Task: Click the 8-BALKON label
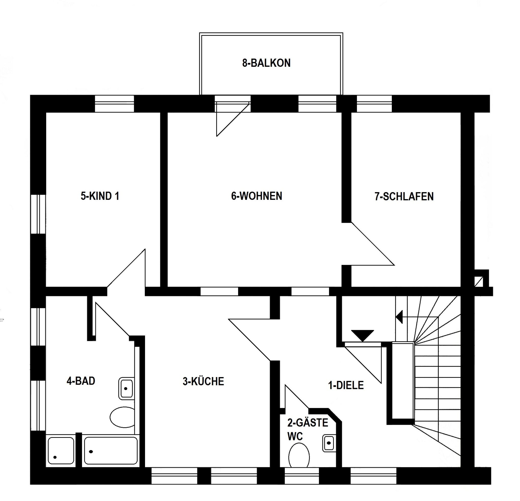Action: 266,63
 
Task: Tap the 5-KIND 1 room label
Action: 100,196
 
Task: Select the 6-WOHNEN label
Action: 256,196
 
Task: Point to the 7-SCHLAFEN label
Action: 404,196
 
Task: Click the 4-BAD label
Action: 81,381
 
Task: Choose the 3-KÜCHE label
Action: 203,381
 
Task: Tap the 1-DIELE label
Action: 346,385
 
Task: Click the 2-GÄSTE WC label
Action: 308,429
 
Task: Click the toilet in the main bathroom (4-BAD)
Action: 122,417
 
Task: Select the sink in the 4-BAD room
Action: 126,388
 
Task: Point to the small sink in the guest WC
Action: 329,443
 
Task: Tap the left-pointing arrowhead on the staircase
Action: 399,317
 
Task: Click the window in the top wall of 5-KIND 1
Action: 114,104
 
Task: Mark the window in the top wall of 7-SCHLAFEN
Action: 374,104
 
